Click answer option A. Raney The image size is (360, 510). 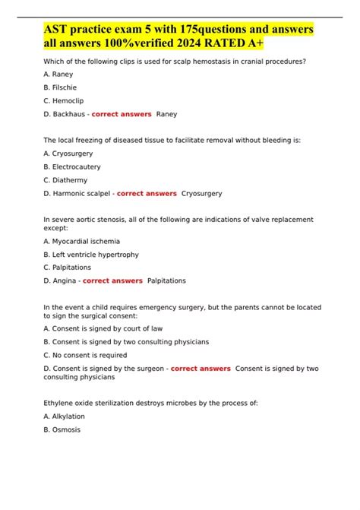pos(58,75)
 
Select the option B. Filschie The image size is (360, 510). pos(61,88)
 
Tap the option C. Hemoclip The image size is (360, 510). pos(63,101)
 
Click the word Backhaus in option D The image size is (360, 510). pos(68,114)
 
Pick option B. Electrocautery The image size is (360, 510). pos(72,167)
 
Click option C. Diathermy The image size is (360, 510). pos(65,180)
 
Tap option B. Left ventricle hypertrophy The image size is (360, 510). pos(91,255)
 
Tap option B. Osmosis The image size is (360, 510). pos(62,429)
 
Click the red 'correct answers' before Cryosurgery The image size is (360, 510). pos(147,193)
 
